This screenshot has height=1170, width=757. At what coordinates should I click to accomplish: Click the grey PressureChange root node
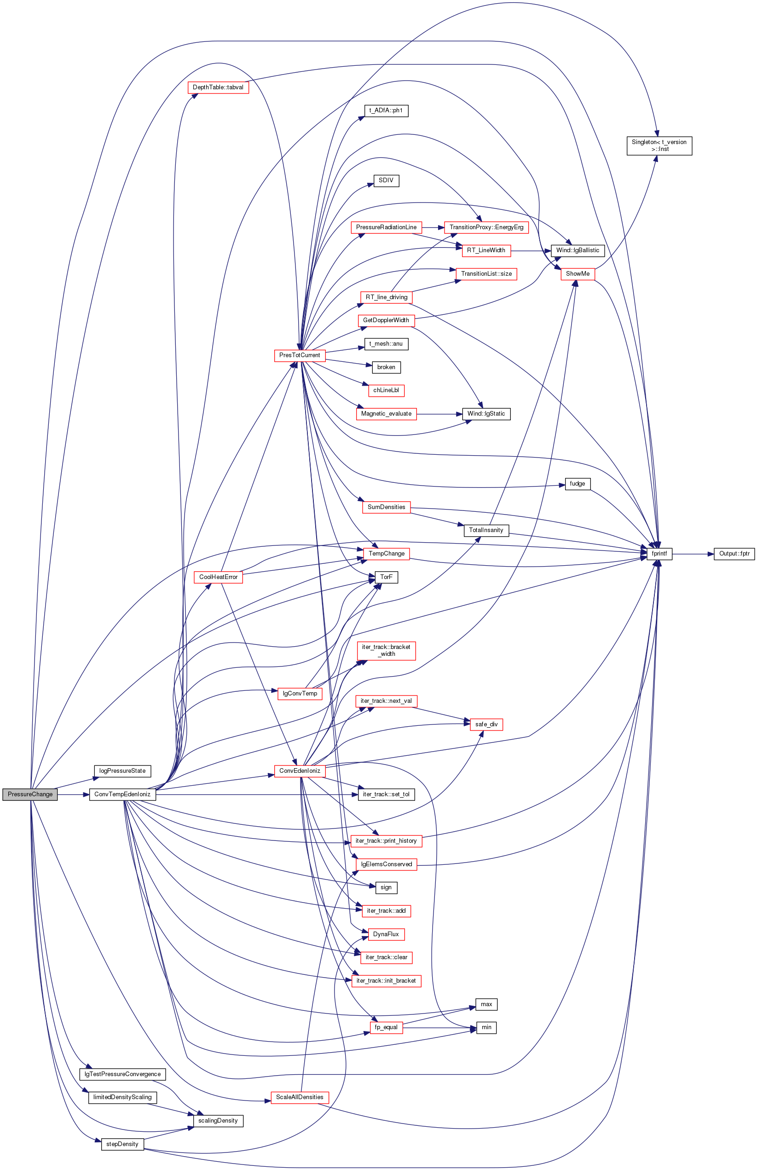[x=30, y=794]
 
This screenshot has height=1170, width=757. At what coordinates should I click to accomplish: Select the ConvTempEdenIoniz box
[x=122, y=794]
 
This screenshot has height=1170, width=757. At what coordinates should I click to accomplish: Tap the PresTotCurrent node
[x=300, y=355]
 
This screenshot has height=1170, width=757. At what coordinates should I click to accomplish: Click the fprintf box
[x=659, y=554]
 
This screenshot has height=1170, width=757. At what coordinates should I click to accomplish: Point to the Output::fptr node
[x=734, y=554]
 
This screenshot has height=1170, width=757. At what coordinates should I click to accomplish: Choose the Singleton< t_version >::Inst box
[x=659, y=145]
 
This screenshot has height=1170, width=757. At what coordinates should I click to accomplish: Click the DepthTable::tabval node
[x=218, y=87]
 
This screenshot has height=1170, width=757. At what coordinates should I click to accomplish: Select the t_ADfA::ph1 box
[x=386, y=110]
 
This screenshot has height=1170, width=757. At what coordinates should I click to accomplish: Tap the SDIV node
[x=386, y=180]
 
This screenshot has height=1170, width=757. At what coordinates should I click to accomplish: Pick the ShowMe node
[x=578, y=274]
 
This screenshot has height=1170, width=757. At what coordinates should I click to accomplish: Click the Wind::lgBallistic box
[x=578, y=250]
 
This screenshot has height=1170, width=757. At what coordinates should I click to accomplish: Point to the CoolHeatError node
[x=218, y=577]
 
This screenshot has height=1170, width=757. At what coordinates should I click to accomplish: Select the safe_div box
[x=486, y=724]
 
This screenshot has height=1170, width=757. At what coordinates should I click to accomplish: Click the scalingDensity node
[x=218, y=1120]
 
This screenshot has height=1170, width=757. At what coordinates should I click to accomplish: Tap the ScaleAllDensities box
[x=300, y=1097]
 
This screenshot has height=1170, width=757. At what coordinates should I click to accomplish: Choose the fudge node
[x=578, y=484]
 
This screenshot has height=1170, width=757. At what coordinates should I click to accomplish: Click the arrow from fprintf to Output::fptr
[x=693, y=554]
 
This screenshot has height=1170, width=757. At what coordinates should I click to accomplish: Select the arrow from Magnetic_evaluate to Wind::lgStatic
[x=439, y=414]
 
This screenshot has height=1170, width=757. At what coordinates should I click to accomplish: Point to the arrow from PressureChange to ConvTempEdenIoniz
[x=73, y=794]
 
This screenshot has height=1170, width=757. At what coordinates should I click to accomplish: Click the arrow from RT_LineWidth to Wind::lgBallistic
[x=532, y=251]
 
